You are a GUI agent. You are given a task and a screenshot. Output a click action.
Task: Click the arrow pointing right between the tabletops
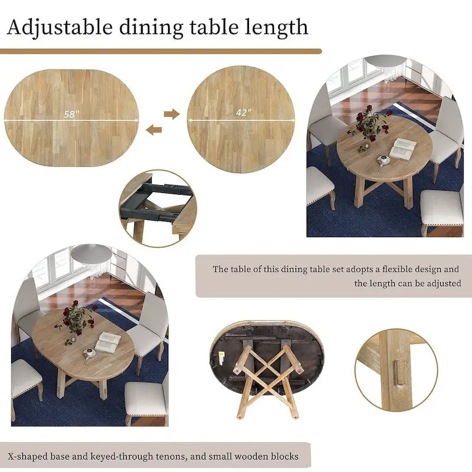point(172,113)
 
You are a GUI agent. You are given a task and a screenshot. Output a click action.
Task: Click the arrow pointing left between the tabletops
point(154,130)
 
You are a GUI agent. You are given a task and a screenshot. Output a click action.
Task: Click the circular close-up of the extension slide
point(156,208)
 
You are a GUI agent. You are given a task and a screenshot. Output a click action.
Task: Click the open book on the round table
point(403,147)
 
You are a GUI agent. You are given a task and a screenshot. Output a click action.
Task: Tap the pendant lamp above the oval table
point(91,254)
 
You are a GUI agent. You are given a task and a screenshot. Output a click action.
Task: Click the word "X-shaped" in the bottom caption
point(27,456)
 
